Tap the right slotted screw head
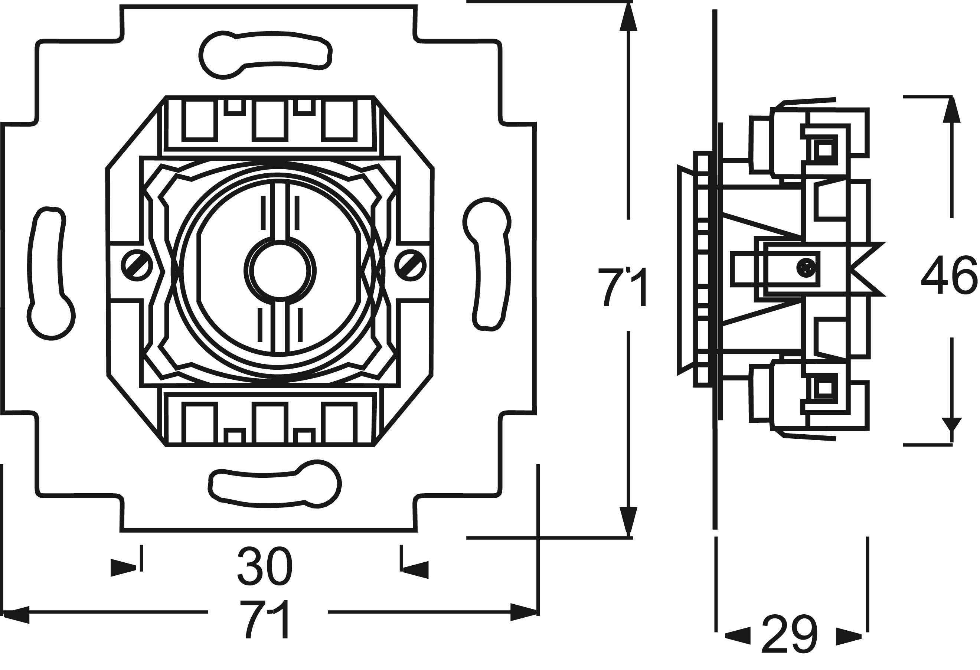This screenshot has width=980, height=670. (410, 265)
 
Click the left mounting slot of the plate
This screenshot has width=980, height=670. (50, 274)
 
